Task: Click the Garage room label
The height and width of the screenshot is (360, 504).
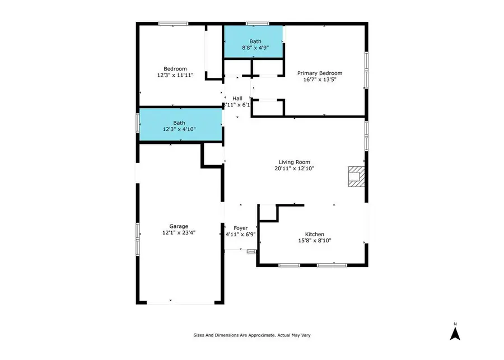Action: tap(179, 226)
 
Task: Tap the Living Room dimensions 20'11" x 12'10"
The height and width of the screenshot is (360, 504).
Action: tap(294, 168)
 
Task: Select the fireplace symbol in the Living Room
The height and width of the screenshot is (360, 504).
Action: tap(357, 176)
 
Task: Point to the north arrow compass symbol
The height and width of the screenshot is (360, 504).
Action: tap(455, 333)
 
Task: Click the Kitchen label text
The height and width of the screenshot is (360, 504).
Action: tap(314, 235)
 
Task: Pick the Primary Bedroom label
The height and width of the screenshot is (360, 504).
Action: tap(320, 73)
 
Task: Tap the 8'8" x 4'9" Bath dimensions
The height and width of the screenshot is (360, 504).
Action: tap(255, 48)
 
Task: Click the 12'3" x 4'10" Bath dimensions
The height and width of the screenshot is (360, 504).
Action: tap(179, 129)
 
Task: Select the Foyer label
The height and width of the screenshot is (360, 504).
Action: tap(240, 228)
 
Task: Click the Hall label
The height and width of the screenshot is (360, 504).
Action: tap(237, 99)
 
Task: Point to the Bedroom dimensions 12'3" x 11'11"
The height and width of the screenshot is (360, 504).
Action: tap(175, 75)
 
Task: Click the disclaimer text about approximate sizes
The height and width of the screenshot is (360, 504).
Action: tap(252, 335)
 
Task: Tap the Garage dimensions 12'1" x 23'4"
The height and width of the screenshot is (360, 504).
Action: tap(179, 232)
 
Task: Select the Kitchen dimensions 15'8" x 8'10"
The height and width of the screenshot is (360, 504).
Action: tap(314, 240)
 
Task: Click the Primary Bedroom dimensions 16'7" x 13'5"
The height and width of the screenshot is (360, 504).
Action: tap(320, 80)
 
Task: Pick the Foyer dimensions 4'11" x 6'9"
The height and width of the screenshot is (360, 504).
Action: tap(240, 235)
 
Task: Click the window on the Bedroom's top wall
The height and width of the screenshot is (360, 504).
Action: tap(173, 24)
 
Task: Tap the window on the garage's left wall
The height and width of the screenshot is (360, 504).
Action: tap(138, 239)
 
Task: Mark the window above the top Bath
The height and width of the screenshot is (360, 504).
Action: tap(257, 24)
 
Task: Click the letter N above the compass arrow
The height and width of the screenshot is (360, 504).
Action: tap(455, 324)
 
